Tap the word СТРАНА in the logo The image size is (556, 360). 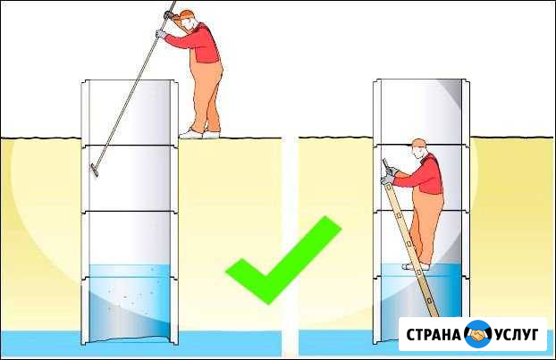[x=433, y=334]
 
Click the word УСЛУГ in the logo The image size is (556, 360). [x=517, y=334]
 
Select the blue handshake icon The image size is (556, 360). [x=477, y=334]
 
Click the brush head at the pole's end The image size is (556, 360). [x=95, y=171]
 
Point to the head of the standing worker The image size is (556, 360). [x=188, y=21]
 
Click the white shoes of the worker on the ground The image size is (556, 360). [x=199, y=134]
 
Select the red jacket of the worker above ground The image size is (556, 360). [x=198, y=43]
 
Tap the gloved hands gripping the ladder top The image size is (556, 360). [x=389, y=175]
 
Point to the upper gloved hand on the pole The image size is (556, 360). [x=168, y=15]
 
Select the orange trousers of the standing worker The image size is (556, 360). [x=206, y=96]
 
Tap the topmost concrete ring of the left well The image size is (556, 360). [x=130, y=113]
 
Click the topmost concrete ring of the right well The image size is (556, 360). [x=421, y=112]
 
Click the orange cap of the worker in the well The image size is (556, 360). [x=419, y=143]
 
